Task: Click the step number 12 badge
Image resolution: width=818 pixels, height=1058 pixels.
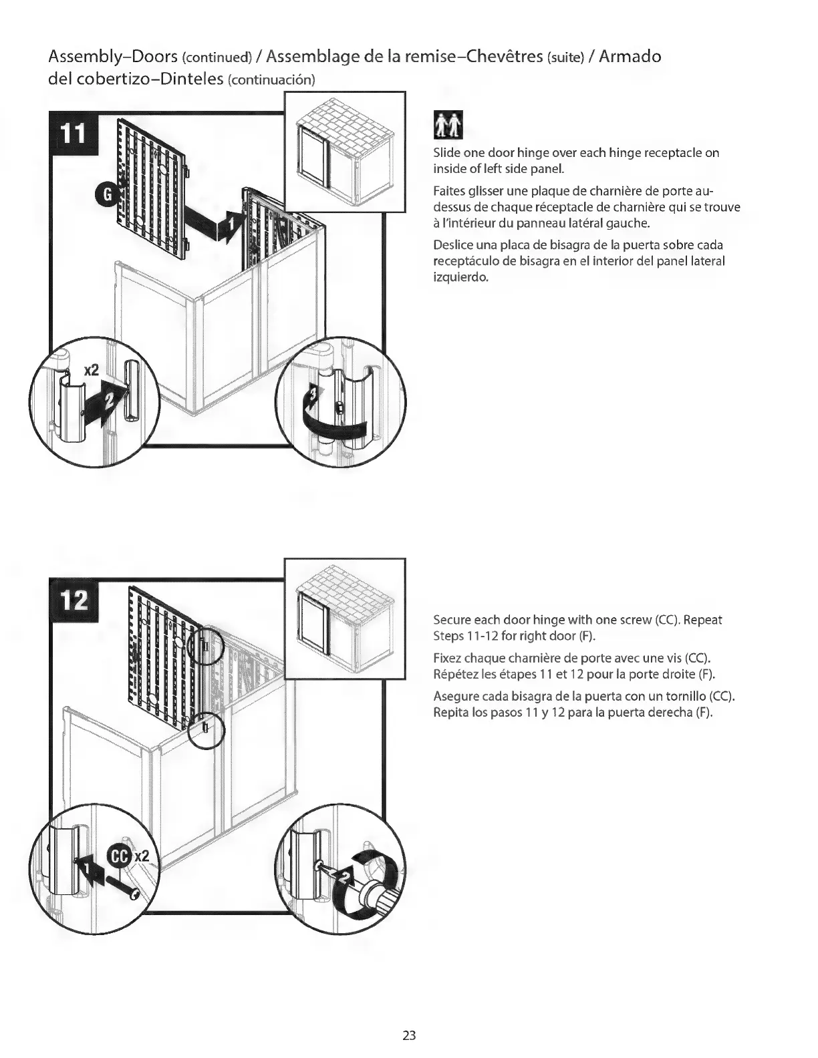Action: tap(74, 603)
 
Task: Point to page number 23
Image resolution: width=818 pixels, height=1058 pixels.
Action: tap(409, 1036)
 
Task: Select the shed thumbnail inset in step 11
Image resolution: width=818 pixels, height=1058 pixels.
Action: tap(345, 152)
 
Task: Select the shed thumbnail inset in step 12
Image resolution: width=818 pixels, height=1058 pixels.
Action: tap(345, 619)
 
